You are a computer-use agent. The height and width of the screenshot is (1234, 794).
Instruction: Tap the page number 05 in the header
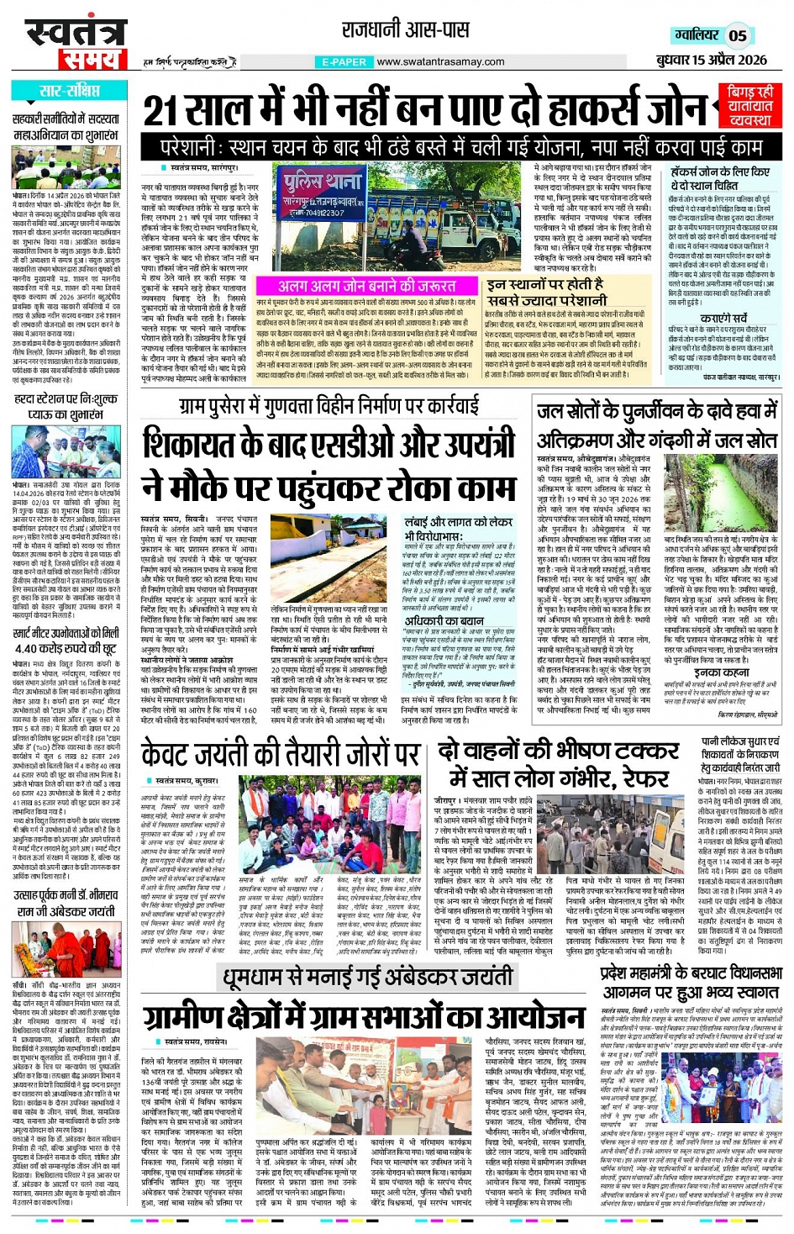point(737,35)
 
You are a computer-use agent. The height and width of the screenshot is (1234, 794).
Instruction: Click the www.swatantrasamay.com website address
point(440,61)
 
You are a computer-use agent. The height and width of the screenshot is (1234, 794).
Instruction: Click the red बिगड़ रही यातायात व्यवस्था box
point(750,106)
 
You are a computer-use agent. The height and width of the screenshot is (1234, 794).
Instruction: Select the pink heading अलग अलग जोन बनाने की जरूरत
point(367,286)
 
